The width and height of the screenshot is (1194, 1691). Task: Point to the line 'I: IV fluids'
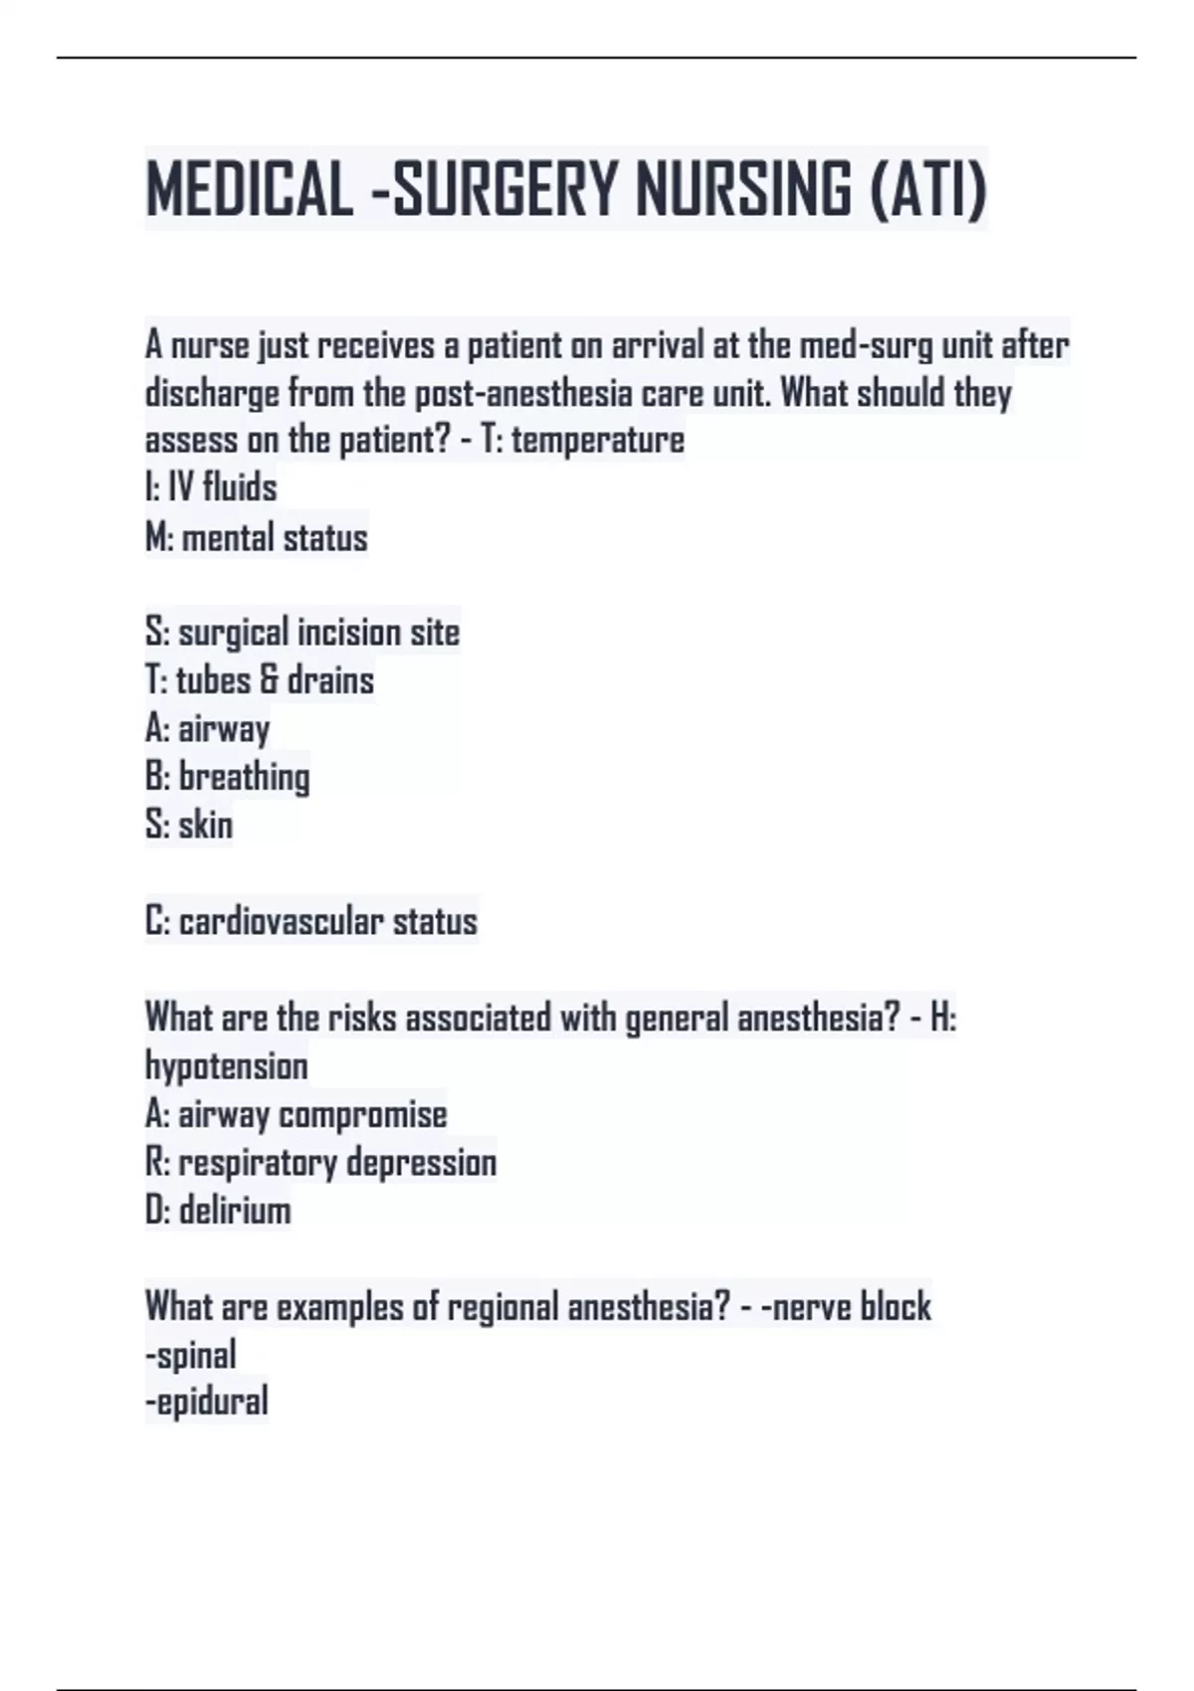pyautogui.click(x=211, y=487)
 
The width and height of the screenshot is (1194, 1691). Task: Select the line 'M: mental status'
pyautogui.click(x=257, y=537)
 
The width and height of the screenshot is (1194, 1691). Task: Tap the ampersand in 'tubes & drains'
pyautogui.click(x=269, y=680)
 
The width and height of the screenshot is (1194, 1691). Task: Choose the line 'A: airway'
pyautogui.click(x=207, y=729)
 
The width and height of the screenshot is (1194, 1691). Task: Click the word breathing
pyautogui.click(x=245, y=777)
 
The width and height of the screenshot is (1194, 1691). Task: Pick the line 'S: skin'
pyautogui.click(x=189, y=825)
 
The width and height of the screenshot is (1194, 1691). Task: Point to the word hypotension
pyautogui.click(x=227, y=1066)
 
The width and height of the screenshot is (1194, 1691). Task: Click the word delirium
pyautogui.click(x=235, y=1211)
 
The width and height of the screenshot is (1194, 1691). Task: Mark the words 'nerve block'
pyautogui.click(x=852, y=1306)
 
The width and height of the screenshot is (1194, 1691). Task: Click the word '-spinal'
pyautogui.click(x=191, y=1355)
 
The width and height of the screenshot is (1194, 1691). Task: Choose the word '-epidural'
pyautogui.click(x=207, y=1403)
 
